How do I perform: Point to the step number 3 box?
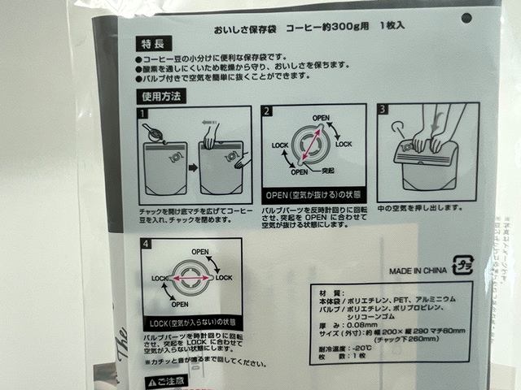(384, 109)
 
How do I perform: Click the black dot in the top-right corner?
(466, 17)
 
